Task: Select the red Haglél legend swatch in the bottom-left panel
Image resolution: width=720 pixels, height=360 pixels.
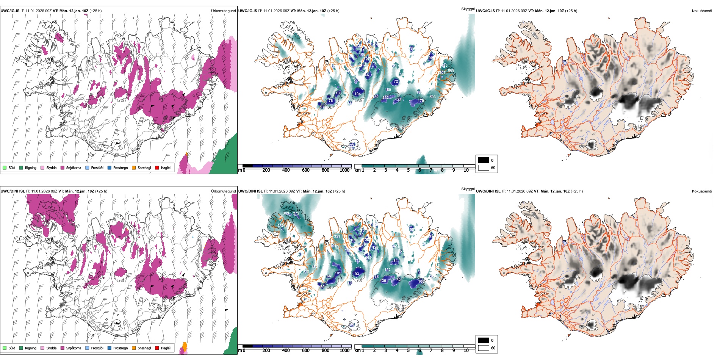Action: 157,348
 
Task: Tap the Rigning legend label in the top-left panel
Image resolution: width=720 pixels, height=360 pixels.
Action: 30,167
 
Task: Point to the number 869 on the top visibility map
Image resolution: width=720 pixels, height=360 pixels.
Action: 451,70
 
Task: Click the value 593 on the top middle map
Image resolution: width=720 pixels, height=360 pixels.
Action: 432,97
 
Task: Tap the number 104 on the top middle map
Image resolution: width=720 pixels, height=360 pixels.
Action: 357,94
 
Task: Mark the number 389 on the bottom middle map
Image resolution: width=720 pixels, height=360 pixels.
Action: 286,213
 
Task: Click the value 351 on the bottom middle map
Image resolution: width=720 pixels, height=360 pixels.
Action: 337,236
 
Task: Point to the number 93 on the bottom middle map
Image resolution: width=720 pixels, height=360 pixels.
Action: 357,274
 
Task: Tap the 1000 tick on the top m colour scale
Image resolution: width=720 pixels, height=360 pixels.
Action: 344,170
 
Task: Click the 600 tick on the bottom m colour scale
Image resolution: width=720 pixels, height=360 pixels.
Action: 306,351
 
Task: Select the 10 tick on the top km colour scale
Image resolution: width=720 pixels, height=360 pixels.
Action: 466,170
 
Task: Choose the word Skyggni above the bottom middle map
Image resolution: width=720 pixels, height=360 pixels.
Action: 468,189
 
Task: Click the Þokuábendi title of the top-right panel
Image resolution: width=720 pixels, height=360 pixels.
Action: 702,11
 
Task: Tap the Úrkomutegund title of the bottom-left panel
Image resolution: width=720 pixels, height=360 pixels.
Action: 223,191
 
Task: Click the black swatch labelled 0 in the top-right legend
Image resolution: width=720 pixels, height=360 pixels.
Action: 484,160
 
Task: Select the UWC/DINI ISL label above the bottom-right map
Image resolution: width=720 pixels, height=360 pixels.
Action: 488,191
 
